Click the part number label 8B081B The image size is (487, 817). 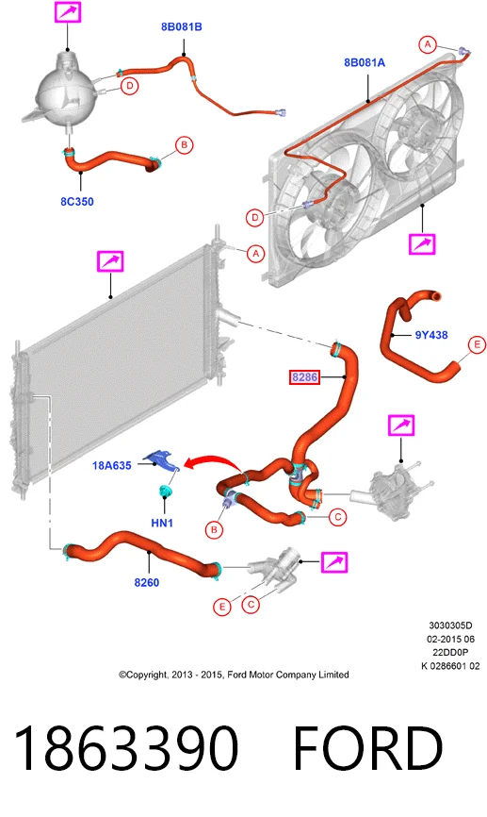(x=181, y=26)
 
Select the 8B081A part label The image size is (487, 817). (x=365, y=62)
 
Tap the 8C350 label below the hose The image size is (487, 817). (x=77, y=202)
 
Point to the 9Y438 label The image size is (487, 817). (x=431, y=335)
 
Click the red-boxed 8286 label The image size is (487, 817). (x=304, y=376)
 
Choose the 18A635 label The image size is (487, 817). (x=111, y=465)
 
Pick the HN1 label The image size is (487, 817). (x=162, y=522)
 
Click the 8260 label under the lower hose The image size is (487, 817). (x=147, y=582)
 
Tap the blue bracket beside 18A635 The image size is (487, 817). (x=162, y=460)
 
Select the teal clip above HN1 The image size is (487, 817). (x=165, y=491)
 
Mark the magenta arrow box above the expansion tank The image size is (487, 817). (x=68, y=12)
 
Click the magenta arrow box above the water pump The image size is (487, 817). (x=401, y=425)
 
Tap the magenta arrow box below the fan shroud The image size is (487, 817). (x=422, y=243)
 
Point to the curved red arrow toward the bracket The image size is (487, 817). (x=213, y=460)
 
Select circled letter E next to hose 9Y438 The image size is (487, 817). (x=477, y=345)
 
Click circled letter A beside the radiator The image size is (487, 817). (x=255, y=254)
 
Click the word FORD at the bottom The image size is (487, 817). (x=368, y=748)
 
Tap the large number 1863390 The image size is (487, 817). (x=126, y=748)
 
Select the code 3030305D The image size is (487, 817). (x=450, y=625)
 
